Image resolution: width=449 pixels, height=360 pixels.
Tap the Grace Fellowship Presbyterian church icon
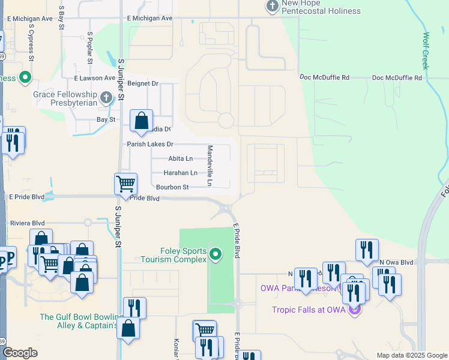[x=106, y=97]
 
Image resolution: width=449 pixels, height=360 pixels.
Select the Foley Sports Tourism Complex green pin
[x=217, y=256]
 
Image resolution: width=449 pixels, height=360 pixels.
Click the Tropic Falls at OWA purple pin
[x=354, y=310]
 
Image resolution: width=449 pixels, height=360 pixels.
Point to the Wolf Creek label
[x=426, y=51]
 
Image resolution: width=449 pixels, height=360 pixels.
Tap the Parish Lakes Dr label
[x=149, y=144]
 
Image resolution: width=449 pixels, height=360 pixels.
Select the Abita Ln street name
[x=180, y=158]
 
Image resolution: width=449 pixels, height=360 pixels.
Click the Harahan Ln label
[x=180, y=173]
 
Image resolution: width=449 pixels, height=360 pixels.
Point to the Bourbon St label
[x=172, y=187]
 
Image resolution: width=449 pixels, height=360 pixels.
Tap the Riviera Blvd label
[x=28, y=223]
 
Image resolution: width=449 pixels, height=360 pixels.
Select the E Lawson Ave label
[x=94, y=78]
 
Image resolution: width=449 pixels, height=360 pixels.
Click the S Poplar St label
[x=90, y=47]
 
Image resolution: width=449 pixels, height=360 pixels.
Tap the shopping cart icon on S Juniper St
[x=125, y=184]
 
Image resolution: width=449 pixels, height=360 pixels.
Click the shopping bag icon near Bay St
[x=141, y=121]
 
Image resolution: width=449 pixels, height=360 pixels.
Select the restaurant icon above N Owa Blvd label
[x=367, y=249]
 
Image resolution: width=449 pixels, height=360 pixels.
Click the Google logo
[x=20, y=353]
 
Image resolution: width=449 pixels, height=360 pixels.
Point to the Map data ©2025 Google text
[x=411, y=355]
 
